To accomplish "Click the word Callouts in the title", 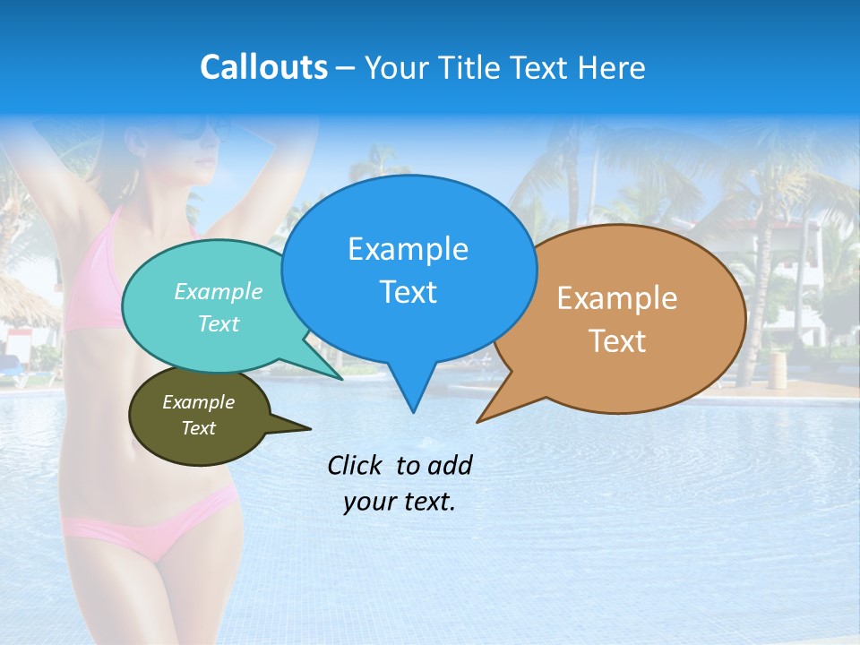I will pos(263,67).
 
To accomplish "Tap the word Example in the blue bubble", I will pos(408,249).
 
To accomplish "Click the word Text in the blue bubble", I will pos(408,292).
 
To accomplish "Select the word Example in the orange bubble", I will pos(617,298).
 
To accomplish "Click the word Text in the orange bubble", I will pos(617,341).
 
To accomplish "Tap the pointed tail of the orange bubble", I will pos(481,419).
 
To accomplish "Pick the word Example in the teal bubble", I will pos(219,291).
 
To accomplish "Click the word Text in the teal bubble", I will pos(219,323).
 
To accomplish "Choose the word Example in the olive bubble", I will pos(198,402).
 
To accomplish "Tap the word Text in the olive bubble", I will pos(198,428).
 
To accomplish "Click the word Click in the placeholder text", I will pos(356,465).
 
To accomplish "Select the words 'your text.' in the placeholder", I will pos(400,503).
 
